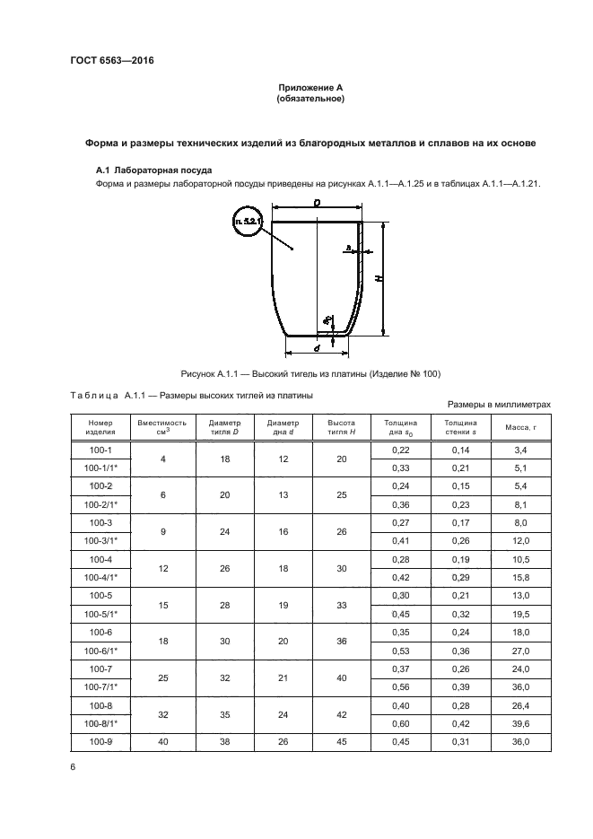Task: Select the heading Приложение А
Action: coord(310,87)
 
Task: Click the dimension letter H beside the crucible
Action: coord(380,279)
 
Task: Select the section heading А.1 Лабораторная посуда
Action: coord(154,170)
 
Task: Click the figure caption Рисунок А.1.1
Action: coord(311,373)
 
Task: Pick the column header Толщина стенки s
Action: coord(460,427)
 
